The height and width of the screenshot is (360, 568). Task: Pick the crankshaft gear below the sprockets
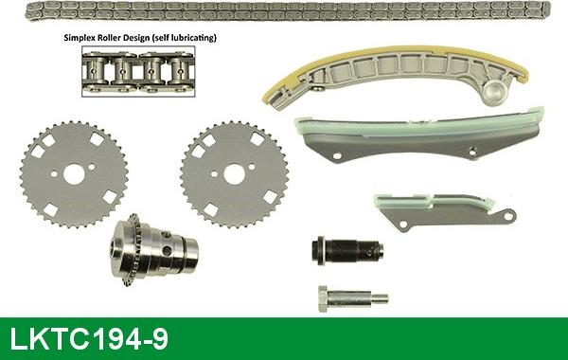pyautogui.click(x=151, y=251)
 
